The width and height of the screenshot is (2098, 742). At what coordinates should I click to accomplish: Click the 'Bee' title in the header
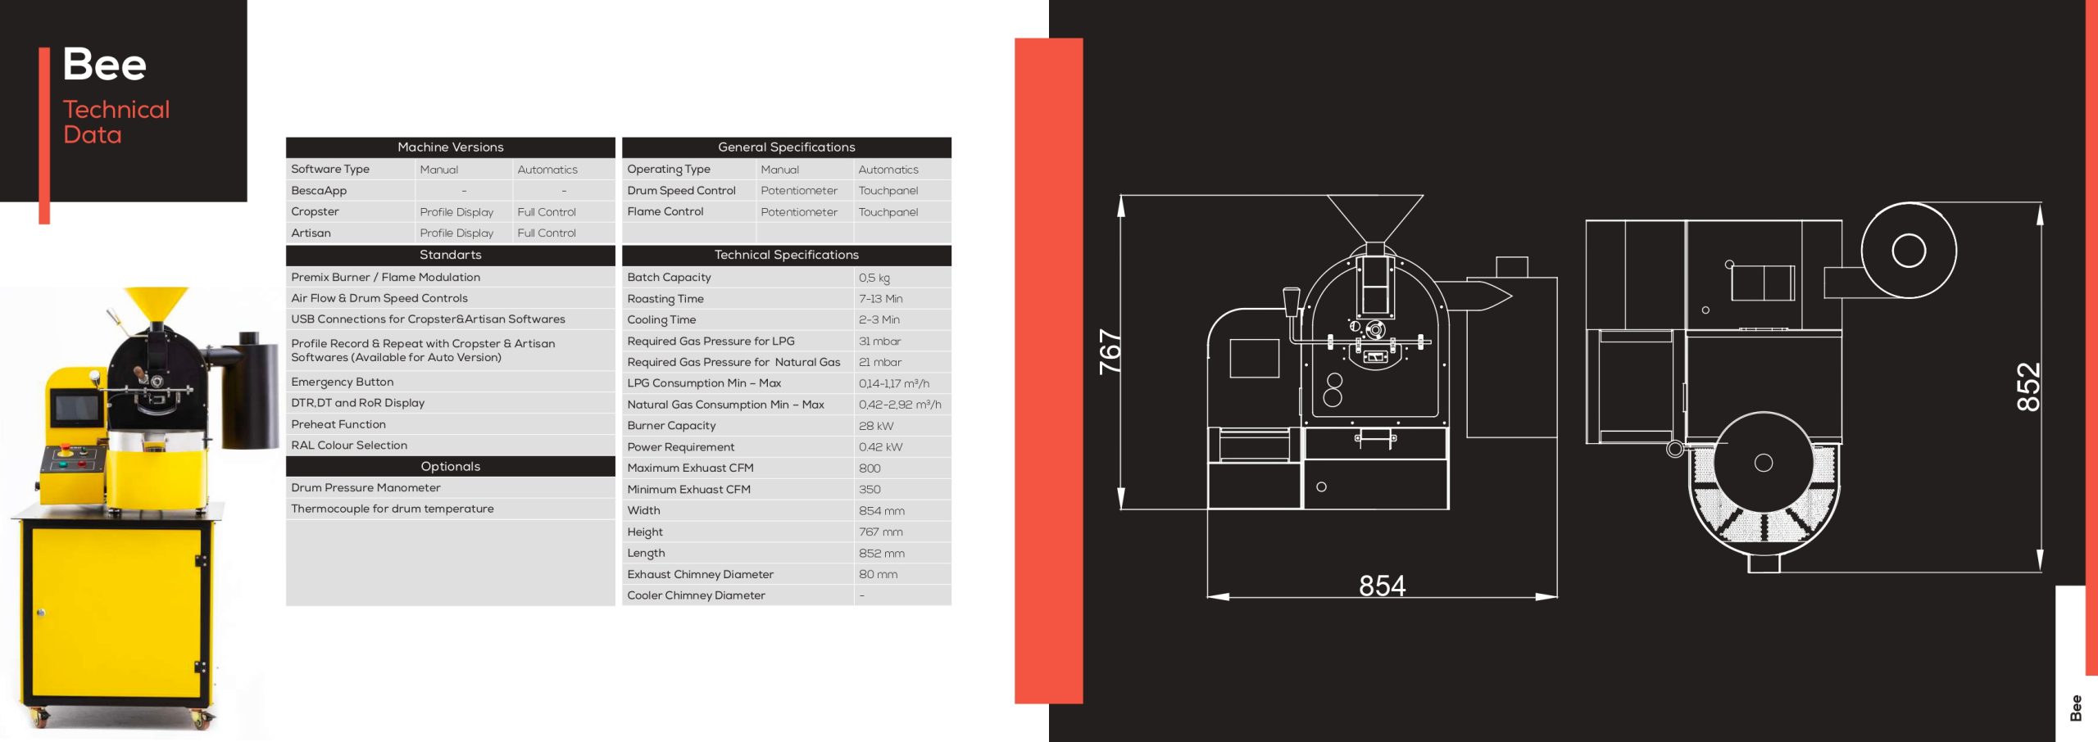[x=104, y=64]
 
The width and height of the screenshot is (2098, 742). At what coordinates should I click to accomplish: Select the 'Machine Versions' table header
[x=450, y=147]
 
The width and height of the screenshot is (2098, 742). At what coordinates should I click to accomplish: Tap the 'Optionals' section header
[x=450, y=467]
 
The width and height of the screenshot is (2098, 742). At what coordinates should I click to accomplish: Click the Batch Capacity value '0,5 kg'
[x=874, y=278]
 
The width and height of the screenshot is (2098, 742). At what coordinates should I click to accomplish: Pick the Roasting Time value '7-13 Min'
[x=880, y=299]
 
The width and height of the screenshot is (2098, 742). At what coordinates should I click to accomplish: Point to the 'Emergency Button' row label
[x=342, y=382]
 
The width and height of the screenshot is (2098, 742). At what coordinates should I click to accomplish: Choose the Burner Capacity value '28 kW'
[x=876, y=426]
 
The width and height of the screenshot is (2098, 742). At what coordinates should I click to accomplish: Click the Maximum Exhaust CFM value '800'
[x=870, y=468]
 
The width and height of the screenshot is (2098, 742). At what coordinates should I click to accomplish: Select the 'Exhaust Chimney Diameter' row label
[x=700, y=575]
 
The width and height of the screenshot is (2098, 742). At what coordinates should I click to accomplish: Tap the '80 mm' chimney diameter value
[x=878, y=575]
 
